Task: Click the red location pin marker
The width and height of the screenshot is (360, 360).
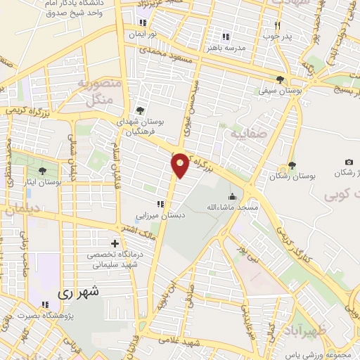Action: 181,165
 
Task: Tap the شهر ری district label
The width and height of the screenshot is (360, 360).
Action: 78,290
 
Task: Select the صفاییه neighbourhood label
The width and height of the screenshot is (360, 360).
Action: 244,131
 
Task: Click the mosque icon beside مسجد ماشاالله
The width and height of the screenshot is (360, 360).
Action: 231,196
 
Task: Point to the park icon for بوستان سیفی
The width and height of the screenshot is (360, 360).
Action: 281,79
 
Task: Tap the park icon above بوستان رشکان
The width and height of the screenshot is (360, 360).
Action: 291,165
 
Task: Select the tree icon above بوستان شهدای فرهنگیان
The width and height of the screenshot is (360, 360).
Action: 140,110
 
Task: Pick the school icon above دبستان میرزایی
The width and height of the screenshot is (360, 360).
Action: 160,204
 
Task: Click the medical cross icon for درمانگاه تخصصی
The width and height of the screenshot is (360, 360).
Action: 115,243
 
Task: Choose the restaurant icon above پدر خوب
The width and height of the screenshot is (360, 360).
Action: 277,25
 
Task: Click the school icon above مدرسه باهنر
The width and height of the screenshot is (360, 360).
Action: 225,37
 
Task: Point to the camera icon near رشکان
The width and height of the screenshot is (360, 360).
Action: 349,162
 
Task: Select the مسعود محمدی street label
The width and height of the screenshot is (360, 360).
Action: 162,53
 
